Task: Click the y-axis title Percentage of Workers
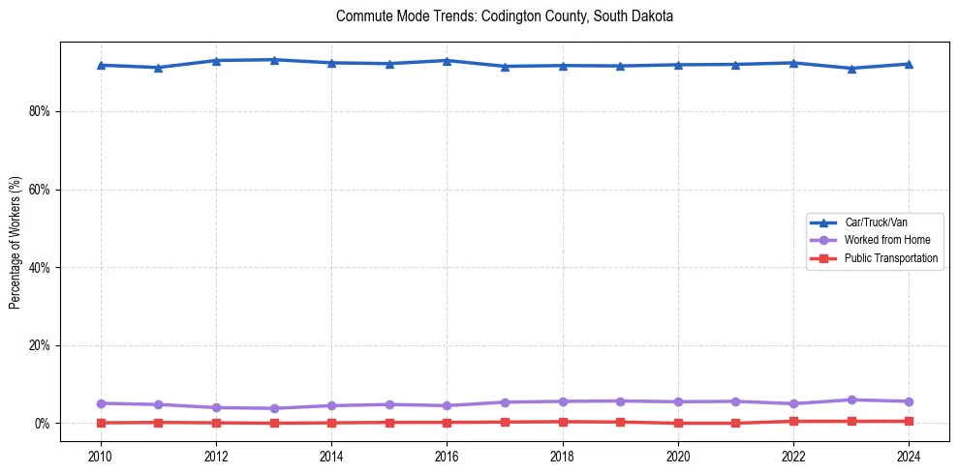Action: pos(15,242)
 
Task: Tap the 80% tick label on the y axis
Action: pos(40,111)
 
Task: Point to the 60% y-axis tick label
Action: pos(40,190)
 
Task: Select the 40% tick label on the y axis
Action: pos(40,267)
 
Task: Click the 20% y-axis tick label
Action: pos(40,345)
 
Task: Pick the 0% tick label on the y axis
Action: pos(43,424)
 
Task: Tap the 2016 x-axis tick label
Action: pos(447,456)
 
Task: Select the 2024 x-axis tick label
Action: pos(909,456)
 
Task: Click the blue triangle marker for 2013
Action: pos(274,60)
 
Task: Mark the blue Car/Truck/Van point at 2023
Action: pos(851,69)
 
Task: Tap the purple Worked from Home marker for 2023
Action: pos(851,400)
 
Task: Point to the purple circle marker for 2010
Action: pos(100,403)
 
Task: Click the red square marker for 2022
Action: pos(793,421)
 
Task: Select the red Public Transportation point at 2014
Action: pos(331,423)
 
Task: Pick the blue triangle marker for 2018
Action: pos(562,66)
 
